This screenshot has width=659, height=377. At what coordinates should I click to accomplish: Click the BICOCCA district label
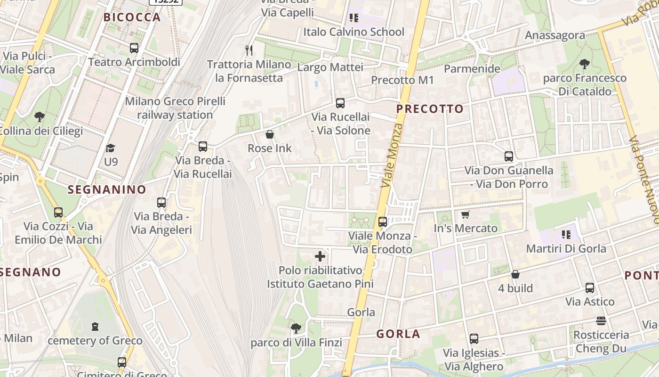[132, 17]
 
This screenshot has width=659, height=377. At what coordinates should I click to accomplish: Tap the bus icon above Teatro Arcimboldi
[134, 48]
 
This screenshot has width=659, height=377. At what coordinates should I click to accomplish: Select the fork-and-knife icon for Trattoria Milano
[249, 50]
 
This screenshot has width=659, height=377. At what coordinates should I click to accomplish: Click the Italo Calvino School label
[354, 32]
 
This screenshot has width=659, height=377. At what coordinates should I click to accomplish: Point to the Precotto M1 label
[402, 80]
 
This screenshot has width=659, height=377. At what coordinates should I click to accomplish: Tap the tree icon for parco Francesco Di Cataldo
[585, 64]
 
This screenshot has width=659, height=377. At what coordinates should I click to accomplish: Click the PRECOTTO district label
[430, 109]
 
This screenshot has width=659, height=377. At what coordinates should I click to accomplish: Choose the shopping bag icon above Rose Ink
[270, 134]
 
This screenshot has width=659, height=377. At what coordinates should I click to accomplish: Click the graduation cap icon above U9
[111, 148]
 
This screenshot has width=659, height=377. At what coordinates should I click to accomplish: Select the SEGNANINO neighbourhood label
[107, 189]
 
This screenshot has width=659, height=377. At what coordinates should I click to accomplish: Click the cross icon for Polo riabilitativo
[320, 256]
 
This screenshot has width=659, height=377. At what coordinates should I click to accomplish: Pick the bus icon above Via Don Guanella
[509, 156]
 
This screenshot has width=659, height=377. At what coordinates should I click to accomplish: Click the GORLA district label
[398, 334]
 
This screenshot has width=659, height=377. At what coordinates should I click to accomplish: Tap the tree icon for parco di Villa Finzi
[296, 328]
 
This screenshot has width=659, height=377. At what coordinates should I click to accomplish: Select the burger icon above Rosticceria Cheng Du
[601, 321]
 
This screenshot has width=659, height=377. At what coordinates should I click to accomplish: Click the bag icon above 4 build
[515, 274]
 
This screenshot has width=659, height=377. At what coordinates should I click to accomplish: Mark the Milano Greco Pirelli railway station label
[175, 108]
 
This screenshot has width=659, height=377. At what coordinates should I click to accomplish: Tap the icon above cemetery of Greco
[95, 326]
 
